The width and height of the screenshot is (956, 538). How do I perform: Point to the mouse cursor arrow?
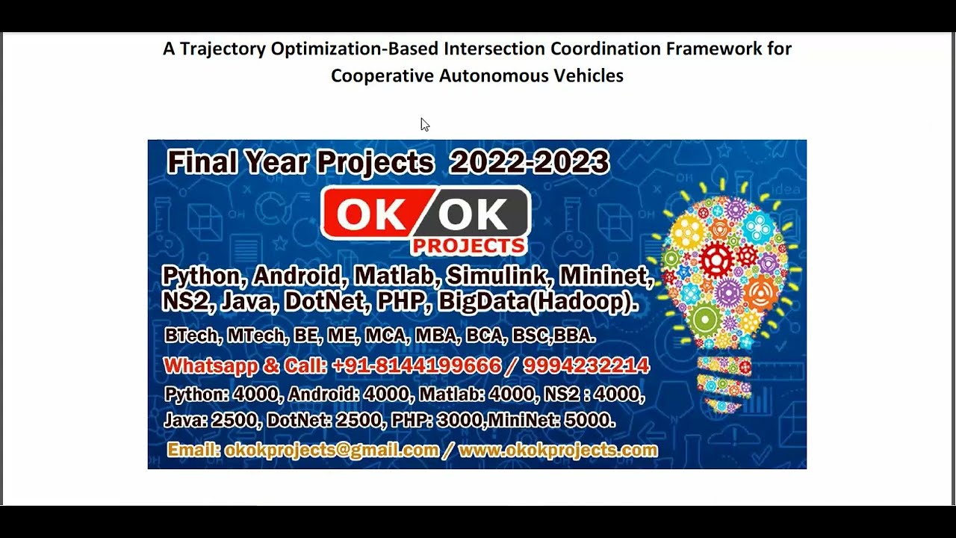(x=424, y=124)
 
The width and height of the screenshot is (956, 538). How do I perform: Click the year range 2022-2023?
(x=529, y=162)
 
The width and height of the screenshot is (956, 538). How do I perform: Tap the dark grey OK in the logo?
(x=473, y=215)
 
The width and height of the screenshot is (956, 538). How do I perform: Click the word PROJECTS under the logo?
(x=468, y=246)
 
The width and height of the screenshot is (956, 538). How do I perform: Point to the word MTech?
(x=255, y=336)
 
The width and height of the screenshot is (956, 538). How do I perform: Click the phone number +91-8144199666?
(x=416, y=366)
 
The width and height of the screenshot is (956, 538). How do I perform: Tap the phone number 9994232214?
(x=586, y=366)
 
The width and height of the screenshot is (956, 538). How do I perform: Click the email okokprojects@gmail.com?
(x=332, y=450)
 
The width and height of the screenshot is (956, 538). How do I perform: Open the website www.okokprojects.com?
(x=557, y=450)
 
